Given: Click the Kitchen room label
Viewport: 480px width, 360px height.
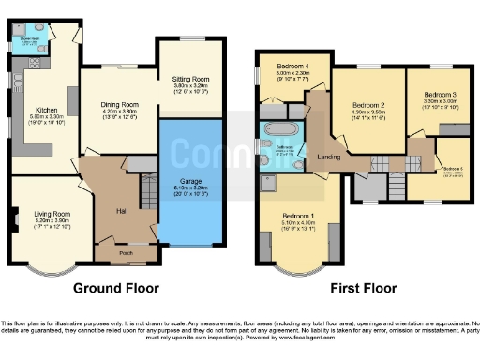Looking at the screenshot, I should pyautogui.click(x=37, y=110).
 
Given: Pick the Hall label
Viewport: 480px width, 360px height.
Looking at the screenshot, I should pyautogui.click(x=121, y=210).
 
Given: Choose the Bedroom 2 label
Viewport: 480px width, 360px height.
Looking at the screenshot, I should pyautogui.click(x=368, y=105).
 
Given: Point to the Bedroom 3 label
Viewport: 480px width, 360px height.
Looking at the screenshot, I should pyautogui.click(x=439, y=95).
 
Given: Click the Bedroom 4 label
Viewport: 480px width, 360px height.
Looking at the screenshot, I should pyautogui.click(x=292, y=67).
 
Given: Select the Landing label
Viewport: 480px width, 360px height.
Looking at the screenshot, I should pyautogui.click(x=328, y=157).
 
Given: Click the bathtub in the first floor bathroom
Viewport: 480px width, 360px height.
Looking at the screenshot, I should pyautogui.click(x=279, y=129).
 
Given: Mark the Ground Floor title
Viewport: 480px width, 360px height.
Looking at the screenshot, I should pyautogui.click(x=115, y=287).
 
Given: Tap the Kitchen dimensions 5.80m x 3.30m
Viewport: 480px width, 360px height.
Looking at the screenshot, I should pyautogui.click(x=37, y=116).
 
